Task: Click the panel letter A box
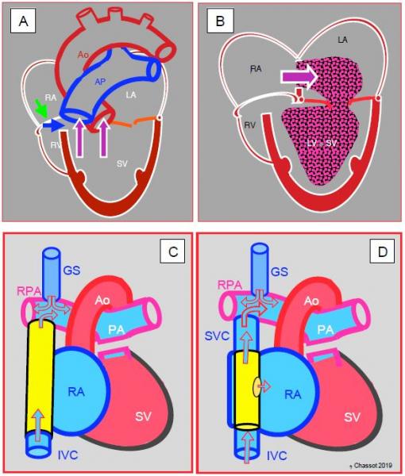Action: click(x=23, y=21)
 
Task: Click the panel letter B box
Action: click(x=220, y=21)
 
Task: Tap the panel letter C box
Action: click(x=172, y=251)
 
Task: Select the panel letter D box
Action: click(x=382, y=251)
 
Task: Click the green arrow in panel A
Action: click(x=41, y=109)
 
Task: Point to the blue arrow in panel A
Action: click(x=53, y=125)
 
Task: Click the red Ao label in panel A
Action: click(x=83, y=55)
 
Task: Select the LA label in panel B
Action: click(x=343, y=40)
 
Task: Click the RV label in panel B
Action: click(x=249, y=125)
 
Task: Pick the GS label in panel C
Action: click(x=71, y=270)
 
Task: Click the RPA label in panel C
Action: click(x=29, y=291)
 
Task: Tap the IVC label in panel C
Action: click(x=67, y=455)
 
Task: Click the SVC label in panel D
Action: click(x=217, y=336)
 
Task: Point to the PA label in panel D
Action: click(x=326, y=330)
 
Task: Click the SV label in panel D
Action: click(x=352, y=417)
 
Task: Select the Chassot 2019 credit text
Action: click(x=372, y=465)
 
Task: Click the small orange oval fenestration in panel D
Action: click(x=257, y=387)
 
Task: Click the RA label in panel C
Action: click(x=76, y=392)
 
